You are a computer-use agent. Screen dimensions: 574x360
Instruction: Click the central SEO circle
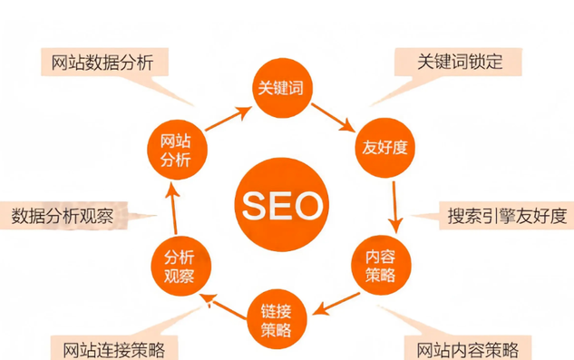(281, 205)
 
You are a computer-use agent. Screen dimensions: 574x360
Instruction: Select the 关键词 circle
(280, 87)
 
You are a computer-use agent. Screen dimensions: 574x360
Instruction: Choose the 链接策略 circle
(280, 315)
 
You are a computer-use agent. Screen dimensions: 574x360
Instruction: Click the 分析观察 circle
(180, 262)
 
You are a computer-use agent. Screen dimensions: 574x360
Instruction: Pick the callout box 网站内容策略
(467, 348)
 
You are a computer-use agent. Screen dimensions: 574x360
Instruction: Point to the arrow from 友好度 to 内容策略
(394, 204)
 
